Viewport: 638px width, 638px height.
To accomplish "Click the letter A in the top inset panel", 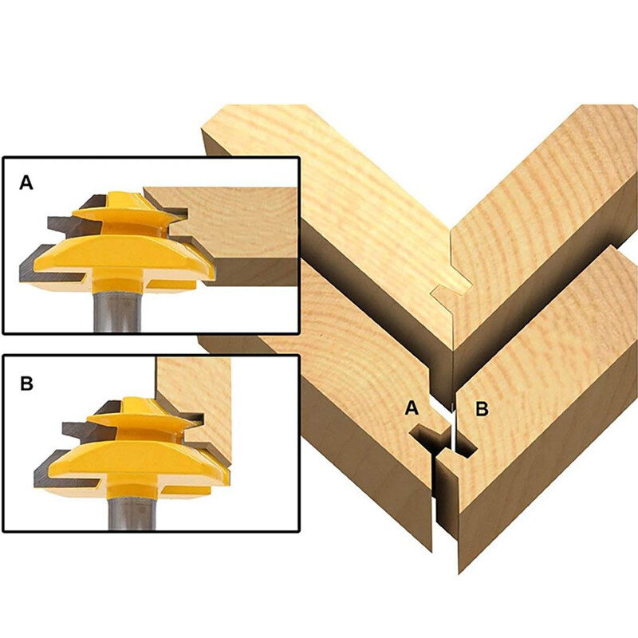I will pos(26,183).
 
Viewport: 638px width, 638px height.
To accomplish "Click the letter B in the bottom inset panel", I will pos(26,384).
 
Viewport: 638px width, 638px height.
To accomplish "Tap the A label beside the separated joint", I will pos(412,408).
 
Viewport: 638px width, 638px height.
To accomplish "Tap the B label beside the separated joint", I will pos(482,409).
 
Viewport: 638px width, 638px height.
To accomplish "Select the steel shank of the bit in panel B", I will pos(120,510).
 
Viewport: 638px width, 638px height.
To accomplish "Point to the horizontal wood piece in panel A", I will pos(239,231).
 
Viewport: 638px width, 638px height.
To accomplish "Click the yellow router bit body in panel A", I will pos(120,255).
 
